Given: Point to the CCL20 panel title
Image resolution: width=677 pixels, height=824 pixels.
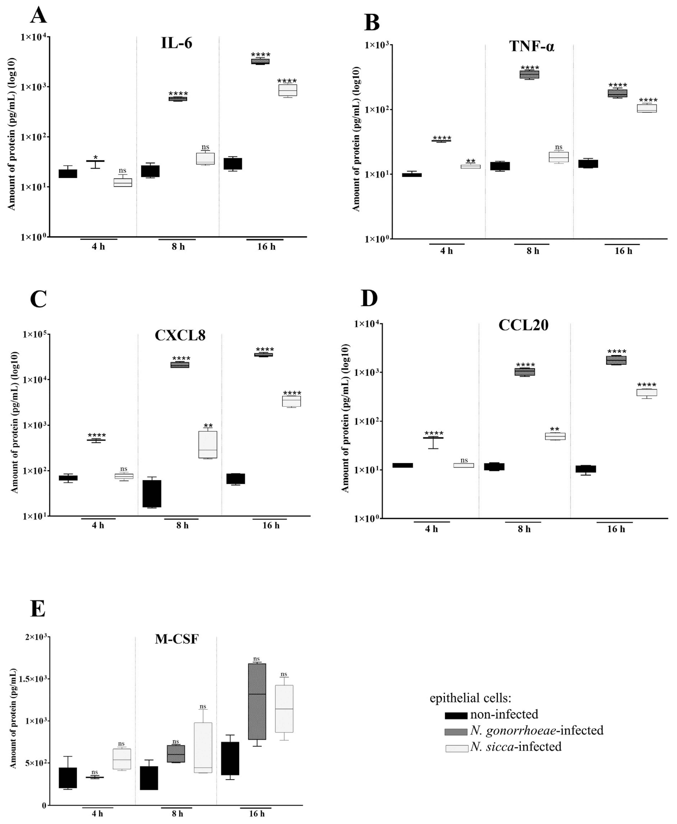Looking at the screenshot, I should click(523, 325).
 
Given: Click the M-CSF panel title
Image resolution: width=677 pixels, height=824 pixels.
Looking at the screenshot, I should click(177, 639).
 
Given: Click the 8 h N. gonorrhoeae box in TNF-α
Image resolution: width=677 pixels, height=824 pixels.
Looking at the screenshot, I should click(529, 74).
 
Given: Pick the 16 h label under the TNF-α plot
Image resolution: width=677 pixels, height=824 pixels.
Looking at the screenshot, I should click(623, 251).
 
